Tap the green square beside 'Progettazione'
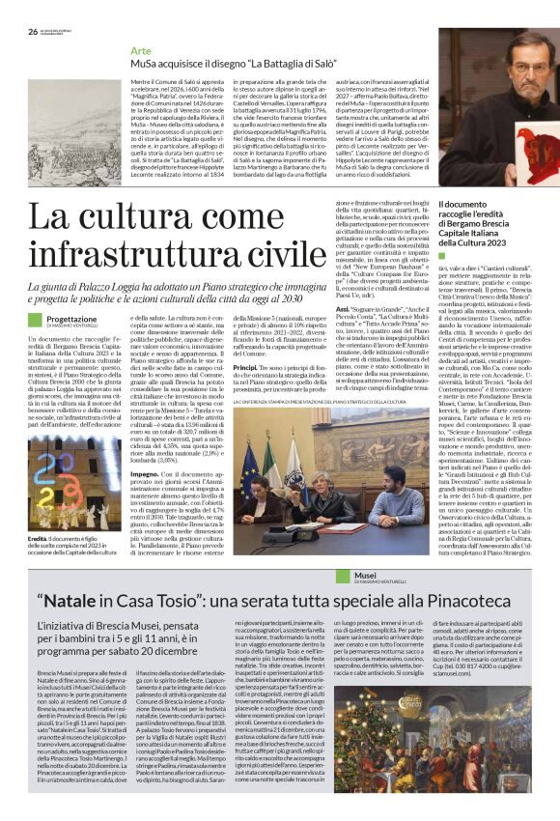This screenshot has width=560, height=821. [x=36, y=320]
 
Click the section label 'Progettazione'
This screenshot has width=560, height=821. [x=71, y=318]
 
